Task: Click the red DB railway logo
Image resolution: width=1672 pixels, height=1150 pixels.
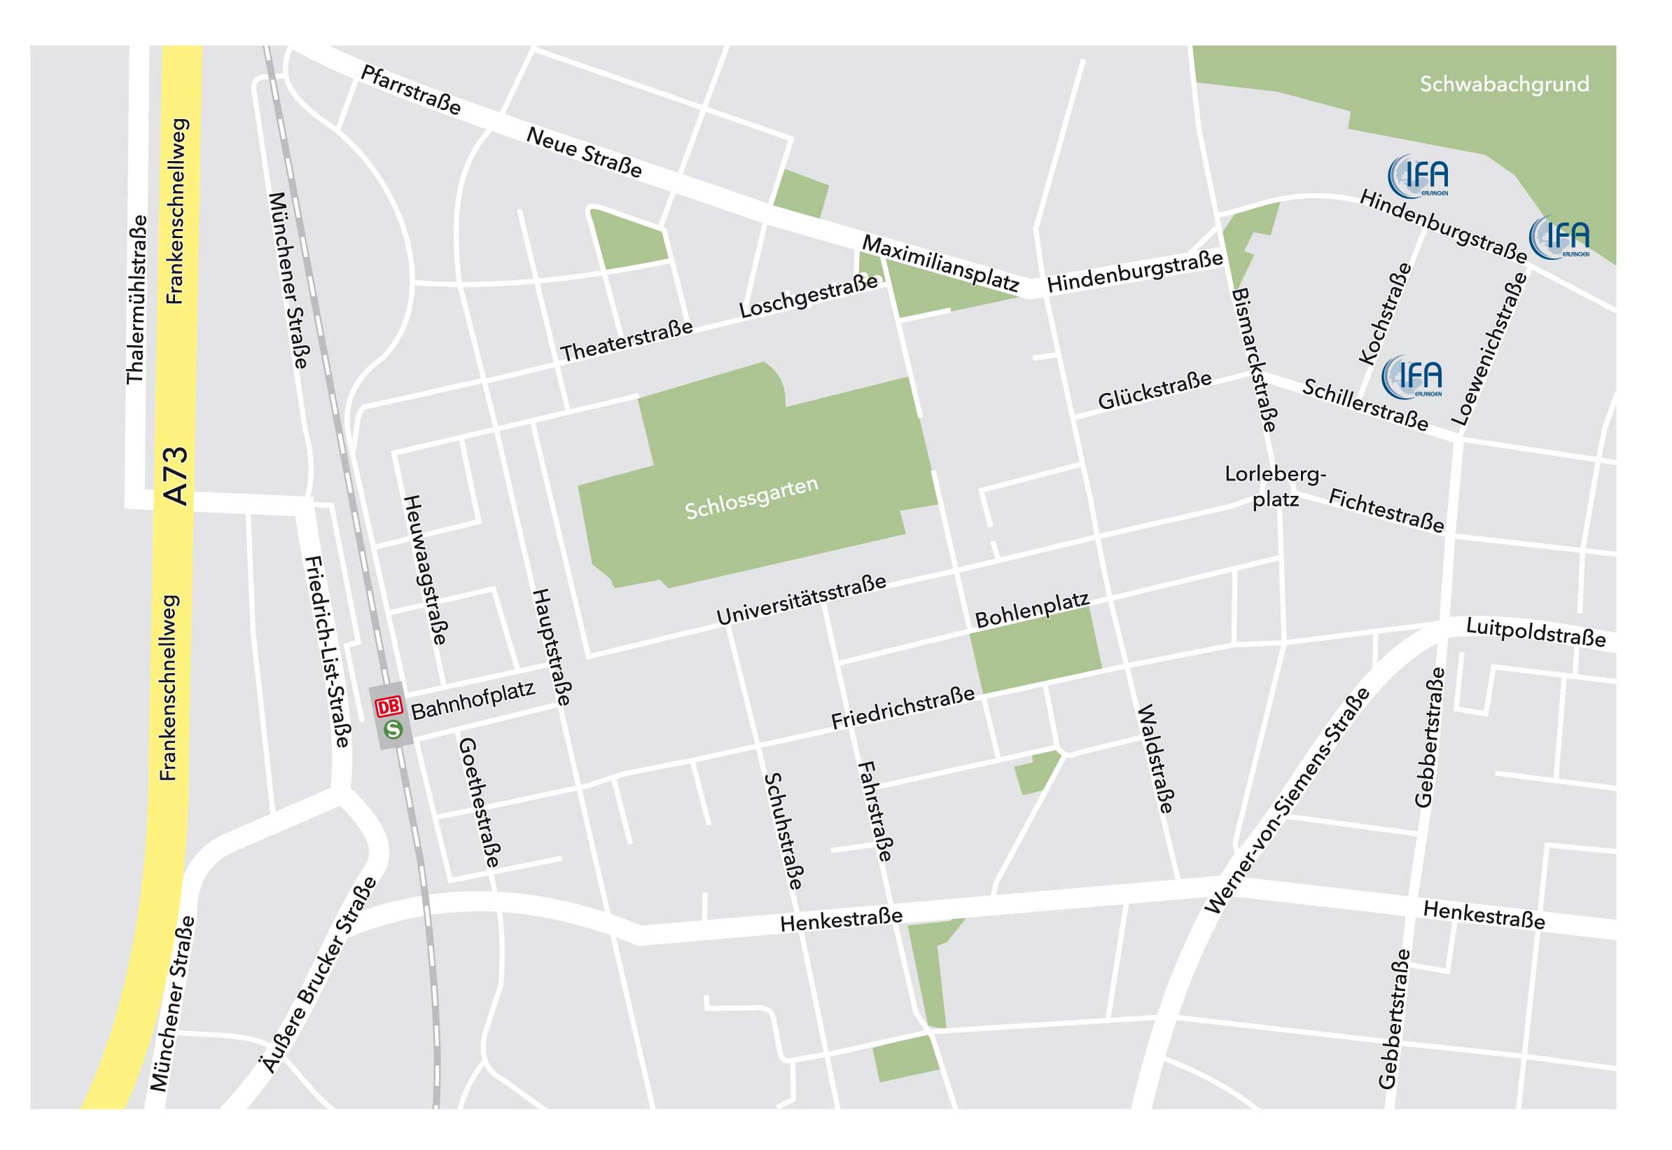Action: point(389,706)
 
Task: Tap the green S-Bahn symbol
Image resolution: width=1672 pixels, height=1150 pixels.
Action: point(393,730)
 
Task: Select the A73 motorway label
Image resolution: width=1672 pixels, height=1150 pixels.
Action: point(176,476)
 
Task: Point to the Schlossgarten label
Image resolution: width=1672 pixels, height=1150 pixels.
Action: point(751,499)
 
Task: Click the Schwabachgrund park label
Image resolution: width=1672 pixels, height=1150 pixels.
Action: point(1504,84)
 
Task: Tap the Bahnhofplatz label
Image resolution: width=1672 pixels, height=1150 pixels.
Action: point(473,700)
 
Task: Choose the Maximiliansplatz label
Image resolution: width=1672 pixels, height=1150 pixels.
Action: point(941,263)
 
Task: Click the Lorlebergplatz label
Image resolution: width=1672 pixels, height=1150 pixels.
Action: point(1275,486)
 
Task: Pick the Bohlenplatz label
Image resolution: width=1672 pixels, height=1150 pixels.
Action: point(1031,610)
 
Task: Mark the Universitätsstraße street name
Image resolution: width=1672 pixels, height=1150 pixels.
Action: point(801,600)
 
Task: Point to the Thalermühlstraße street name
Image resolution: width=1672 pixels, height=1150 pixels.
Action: point(137,300)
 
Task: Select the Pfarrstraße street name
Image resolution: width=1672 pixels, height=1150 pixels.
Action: point(410,90)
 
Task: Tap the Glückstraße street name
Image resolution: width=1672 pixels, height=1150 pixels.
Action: point(1155,391)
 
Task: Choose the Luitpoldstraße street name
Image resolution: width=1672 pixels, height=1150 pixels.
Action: point(1536,632)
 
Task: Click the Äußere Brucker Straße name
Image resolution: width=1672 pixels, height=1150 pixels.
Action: point(319,976)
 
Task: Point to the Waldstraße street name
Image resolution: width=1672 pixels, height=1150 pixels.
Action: point(1155,758)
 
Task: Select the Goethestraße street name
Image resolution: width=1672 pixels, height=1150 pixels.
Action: point(479,802)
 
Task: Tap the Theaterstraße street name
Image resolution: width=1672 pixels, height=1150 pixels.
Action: point(627,341)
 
